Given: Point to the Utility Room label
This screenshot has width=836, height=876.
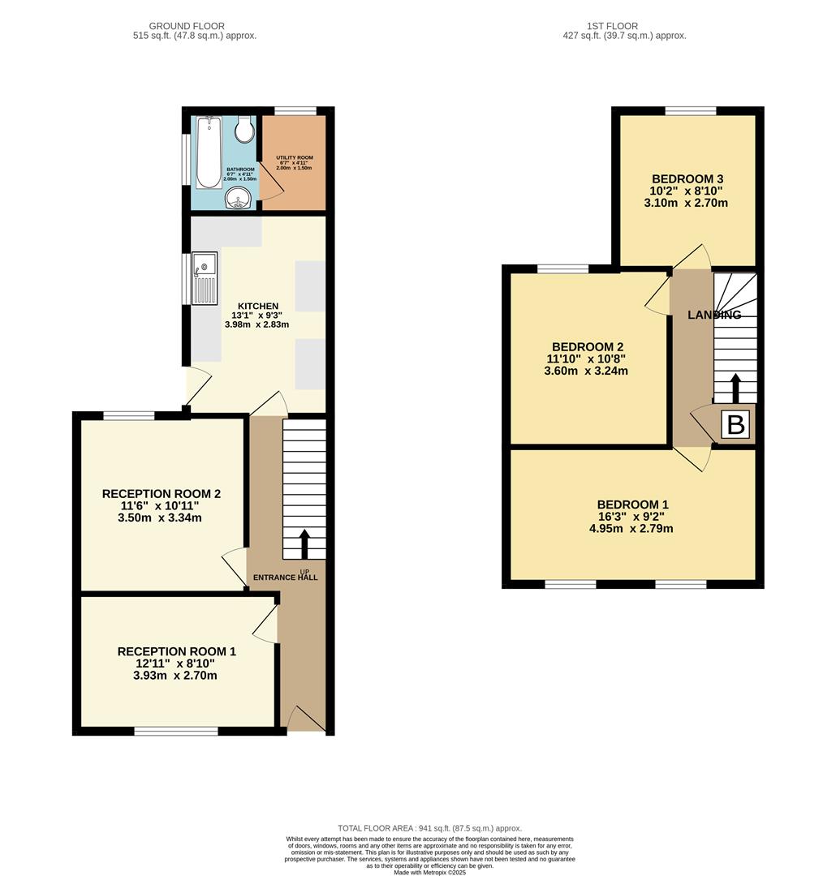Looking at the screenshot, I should tap(294, 157).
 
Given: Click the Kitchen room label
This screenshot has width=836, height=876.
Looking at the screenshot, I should tap(257, 306).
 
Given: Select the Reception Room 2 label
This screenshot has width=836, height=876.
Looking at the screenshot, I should tap(161, 493).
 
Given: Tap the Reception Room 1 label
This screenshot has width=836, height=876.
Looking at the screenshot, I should tap(176, 651).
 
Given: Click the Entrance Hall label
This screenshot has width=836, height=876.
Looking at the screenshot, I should tap(285, 578).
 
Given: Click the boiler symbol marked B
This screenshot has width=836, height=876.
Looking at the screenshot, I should tap(735, 426).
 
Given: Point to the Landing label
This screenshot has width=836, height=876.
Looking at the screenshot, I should tap(714, 315).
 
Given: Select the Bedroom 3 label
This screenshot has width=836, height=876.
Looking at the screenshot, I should tap(687, 179).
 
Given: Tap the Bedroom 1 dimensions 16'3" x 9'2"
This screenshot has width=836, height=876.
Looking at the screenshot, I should tap(631, 517).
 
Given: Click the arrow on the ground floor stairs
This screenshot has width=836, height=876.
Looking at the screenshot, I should tap(304, 545).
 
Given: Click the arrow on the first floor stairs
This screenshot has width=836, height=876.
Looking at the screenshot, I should tap(735, 388).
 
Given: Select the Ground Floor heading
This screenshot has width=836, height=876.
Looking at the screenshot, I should tap(187, 26).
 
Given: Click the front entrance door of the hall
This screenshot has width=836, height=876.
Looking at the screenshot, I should tap(304, 719).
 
